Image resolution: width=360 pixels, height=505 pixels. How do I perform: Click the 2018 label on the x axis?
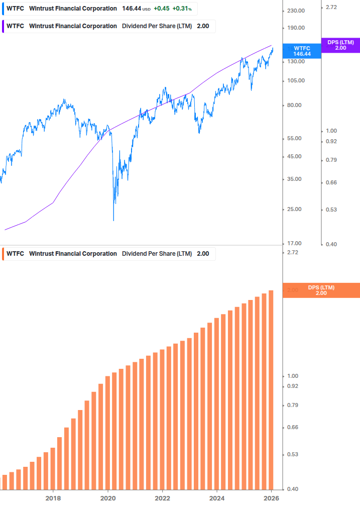[53, 498]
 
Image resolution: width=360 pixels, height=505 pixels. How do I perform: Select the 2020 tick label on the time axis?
[108, 498]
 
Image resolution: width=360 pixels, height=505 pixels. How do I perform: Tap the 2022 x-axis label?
[162, 498]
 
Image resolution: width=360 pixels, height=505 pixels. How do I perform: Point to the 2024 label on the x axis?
[217, 498]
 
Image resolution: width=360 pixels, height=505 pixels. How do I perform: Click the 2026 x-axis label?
[271, 498]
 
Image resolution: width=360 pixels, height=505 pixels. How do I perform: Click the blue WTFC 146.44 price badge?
[302, 51]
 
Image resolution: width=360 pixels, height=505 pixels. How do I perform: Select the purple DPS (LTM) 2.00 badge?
[340, 45]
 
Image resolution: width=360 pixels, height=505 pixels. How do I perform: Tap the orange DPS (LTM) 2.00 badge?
[321, 290]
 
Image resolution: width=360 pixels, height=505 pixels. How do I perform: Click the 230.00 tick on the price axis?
[296, 11]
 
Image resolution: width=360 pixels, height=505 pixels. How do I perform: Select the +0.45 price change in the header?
[161, 9]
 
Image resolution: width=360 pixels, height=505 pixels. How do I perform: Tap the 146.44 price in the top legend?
[132, 9]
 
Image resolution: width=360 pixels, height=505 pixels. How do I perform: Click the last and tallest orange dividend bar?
[271, 389]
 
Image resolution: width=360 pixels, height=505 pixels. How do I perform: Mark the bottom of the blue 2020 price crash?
[113, 220]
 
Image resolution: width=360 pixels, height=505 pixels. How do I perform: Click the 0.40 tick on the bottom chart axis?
[292, 489]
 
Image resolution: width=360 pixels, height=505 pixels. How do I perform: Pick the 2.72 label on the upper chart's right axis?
[331, 8]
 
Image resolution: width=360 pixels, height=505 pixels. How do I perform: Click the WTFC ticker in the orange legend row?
[15, 254]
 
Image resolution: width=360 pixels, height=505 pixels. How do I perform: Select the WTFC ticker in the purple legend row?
[15, 26]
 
